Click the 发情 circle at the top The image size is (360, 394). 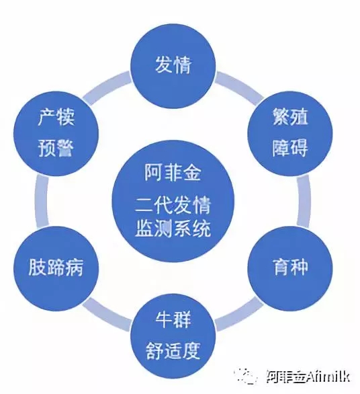[x=173, y=66]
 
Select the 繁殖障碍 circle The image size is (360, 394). [x=290, y=133]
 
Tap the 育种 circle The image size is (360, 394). [x=290, y=268]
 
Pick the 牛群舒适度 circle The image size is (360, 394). [x=173, y=336]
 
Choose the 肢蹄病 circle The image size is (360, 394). [x=56, y=268]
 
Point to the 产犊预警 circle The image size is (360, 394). [x=56, y=133]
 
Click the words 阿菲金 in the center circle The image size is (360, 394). [x=173, y=173]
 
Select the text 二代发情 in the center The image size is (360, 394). [x=173, y=205]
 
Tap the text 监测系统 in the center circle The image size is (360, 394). [x=173, y=228]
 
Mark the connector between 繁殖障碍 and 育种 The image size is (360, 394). [x=304, y=201]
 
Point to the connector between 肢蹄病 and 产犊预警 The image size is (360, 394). [x=42, y=201]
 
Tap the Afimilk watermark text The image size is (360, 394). [x=308, y=376]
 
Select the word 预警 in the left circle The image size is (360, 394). [x=56, y=148]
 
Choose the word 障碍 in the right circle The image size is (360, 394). [x=290, y=148]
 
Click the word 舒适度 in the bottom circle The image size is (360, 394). [x=173, y=351]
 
